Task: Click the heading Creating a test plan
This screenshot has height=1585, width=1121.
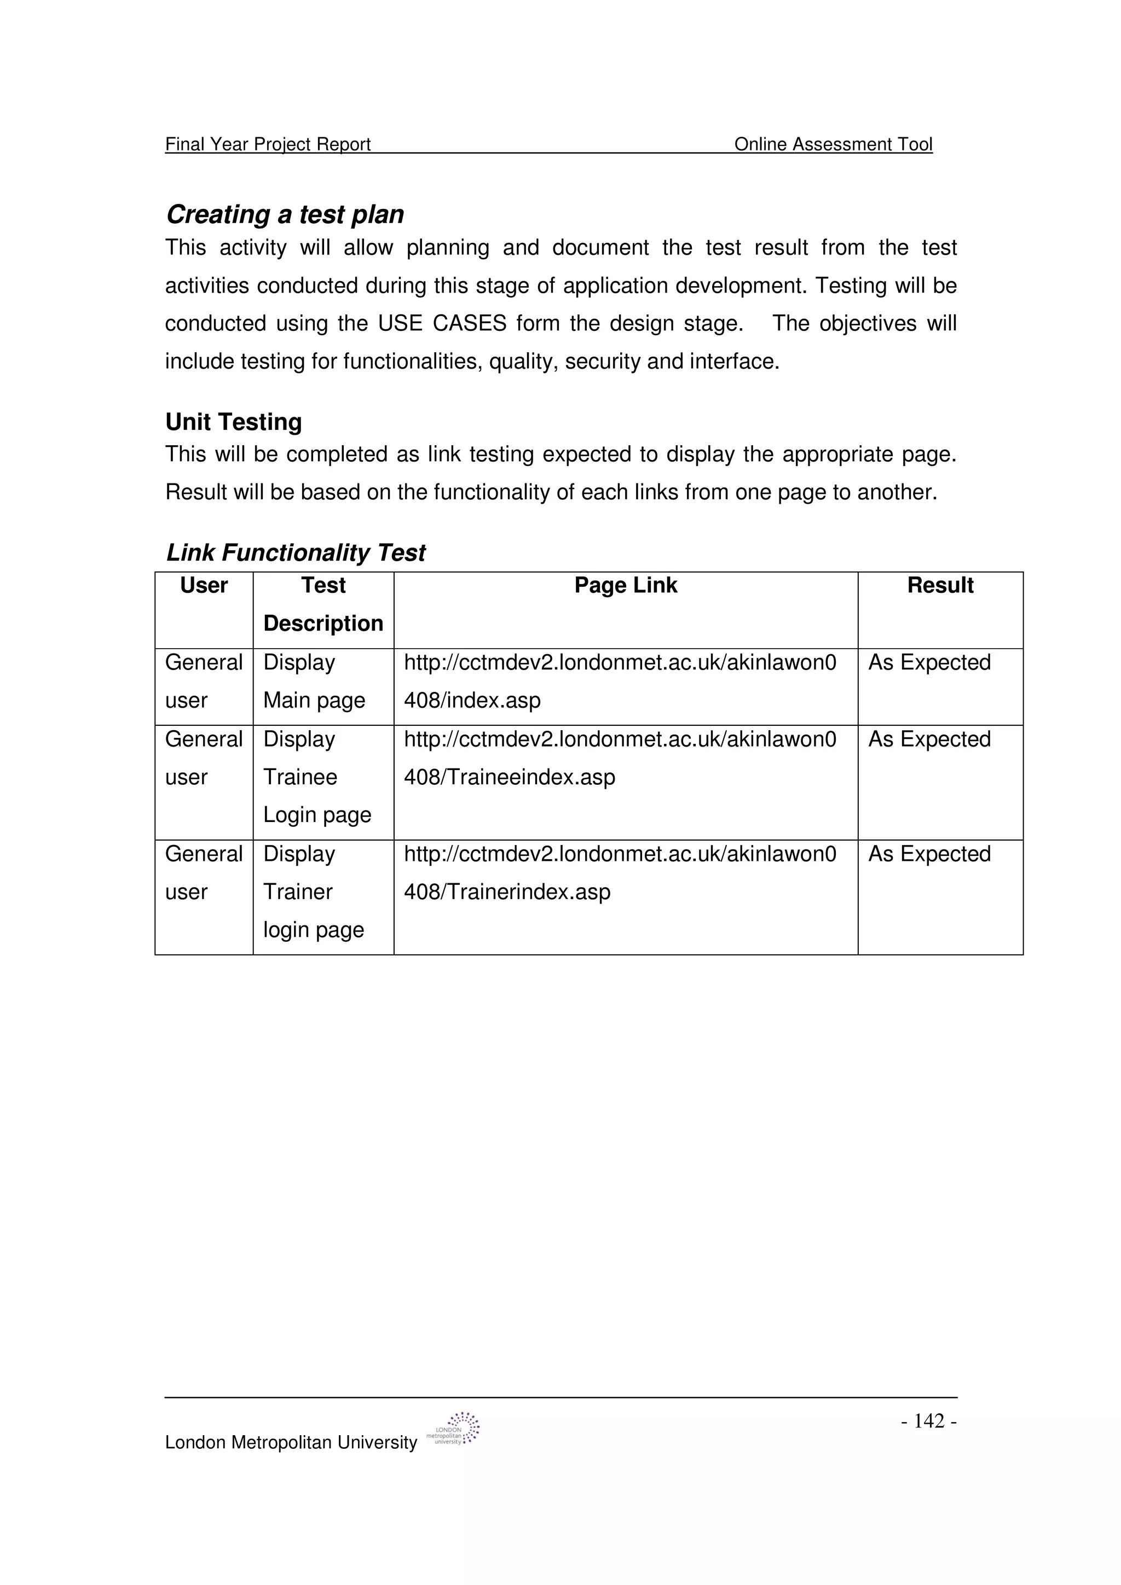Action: point(285,215)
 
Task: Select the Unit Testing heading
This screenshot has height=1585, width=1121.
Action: point(234,422)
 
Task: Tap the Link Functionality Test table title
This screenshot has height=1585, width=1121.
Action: point(296,552)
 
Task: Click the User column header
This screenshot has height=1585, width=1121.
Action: point(204,585)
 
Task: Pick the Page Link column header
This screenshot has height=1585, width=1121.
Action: point(625,585)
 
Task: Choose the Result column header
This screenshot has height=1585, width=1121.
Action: point(939,585)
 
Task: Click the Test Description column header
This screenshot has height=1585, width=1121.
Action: point(323,605)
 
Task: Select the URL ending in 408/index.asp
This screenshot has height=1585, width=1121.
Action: point(620,681)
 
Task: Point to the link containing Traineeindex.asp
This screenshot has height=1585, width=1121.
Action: point(620,758)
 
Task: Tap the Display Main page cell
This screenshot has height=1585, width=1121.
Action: point(314,681)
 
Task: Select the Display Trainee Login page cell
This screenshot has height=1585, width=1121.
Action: point(317,777)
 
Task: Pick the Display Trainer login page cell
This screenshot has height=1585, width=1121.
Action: point(314,892)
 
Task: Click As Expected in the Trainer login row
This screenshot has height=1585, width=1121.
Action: point(929,854)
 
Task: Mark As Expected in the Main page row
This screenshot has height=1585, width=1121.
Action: point(929,663)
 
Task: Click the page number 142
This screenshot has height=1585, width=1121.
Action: point(929,1421)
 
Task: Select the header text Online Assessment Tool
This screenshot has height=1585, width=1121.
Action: point(833,144)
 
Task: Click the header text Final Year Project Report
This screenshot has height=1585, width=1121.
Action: point(268,144)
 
